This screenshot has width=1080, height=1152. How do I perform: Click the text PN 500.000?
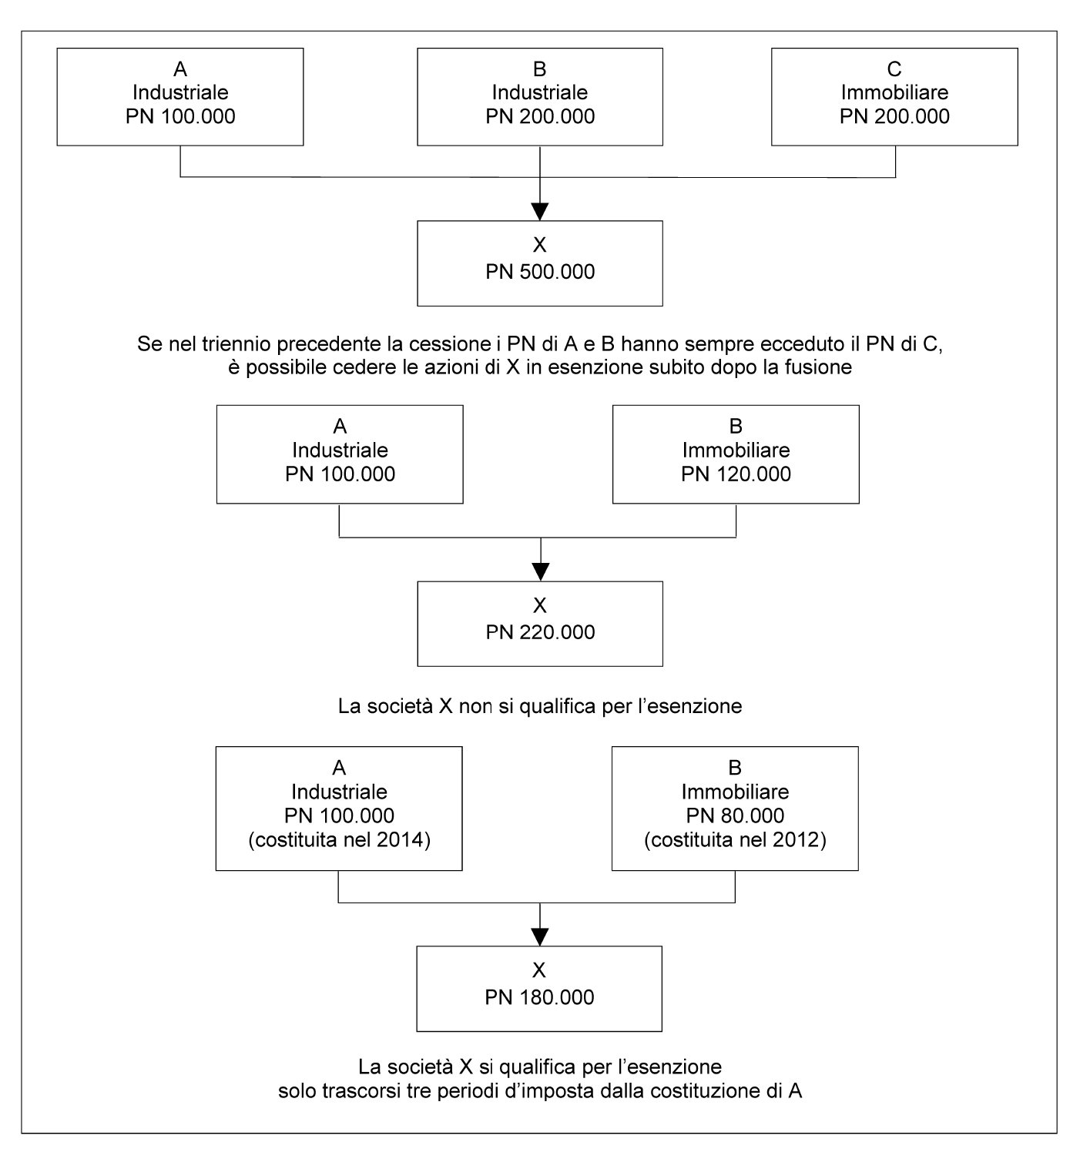(x=540, y=272)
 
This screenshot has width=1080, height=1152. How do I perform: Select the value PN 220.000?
(x=540, y=631)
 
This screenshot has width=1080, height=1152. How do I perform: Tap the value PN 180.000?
(x=539, y=997)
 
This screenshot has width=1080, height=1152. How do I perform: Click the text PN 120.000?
(x=736, y=474)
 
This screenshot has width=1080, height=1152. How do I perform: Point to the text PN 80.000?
(x=735, y=815)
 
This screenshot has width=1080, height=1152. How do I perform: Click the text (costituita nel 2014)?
(x=340, y=840)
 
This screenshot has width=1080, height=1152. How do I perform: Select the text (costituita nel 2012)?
(x=735, y=840)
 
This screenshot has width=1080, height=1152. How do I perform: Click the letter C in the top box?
(x=894, y=69)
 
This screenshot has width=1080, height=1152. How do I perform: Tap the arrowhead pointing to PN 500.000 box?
(x=540, y=212)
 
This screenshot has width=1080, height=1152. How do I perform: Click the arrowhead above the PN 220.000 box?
(x=540, y=572)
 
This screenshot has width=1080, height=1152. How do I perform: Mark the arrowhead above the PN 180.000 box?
(x=540, y=937)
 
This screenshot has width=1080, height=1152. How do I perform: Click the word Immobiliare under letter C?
(x=894, y=92)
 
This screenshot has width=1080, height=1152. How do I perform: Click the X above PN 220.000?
(x=540, y=605)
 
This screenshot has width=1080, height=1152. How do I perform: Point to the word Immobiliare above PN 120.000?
(x=736, y=450)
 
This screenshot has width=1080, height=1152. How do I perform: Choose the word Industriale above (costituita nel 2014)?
(x=340, y=792)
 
